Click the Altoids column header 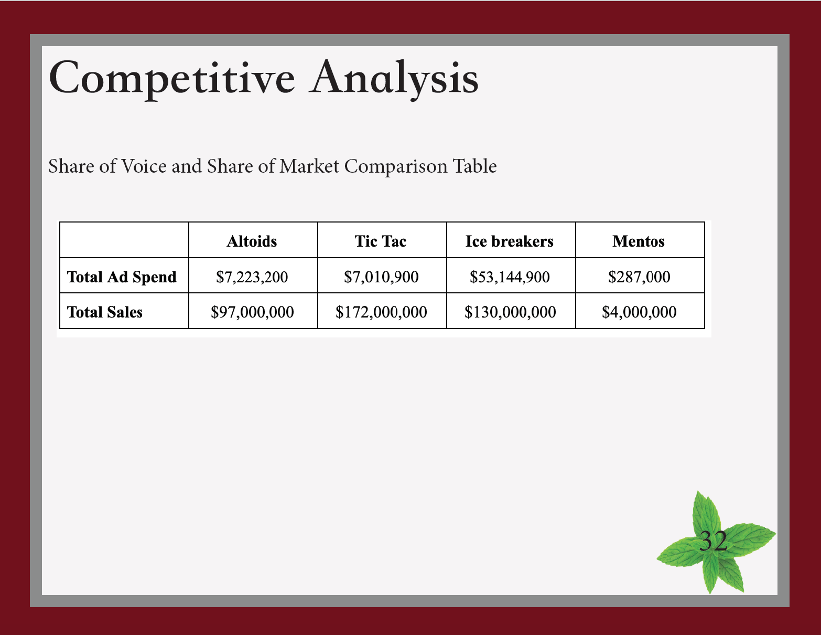tap(252, 241)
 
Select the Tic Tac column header tap(381, 241)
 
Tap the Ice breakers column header tap(509, 241)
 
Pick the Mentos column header tap(639, 241)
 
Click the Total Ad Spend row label tap(122, 277)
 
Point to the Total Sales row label tap(105, 312)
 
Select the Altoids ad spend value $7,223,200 tap(252, 277)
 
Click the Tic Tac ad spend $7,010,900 tap(381, 277)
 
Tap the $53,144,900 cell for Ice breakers tap(510, 277)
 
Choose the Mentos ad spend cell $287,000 tap(639, 277)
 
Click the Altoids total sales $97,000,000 tap(252, 312)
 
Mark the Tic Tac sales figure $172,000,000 tap(381, 312)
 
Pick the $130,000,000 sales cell tap(510, 312)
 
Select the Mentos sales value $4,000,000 tap(639, 312)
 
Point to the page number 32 tap(713, 541)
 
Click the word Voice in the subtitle tap(144, 166)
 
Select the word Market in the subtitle tap(309, 166)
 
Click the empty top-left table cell tap(124, 240)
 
